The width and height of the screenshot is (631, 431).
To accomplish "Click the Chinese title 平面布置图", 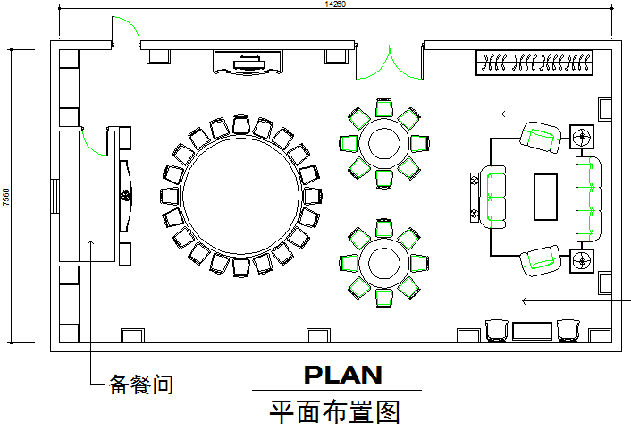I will [x=335, y=412].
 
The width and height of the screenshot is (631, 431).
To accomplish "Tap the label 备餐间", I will [x=140, y=385].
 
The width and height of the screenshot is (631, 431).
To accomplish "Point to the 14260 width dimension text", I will [x=335, y=4].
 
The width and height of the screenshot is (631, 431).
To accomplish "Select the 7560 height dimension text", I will [x=6, y=198].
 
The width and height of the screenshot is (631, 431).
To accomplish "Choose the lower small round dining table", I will [x=384, y=261].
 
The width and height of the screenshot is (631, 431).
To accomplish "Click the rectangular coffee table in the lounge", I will [x=546, y=197].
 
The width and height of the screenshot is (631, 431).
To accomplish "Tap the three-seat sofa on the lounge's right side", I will [x=588, y=199].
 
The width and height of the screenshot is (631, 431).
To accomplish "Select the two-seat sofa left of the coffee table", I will [x=495, y=197].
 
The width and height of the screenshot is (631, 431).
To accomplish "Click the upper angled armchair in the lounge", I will [x=541, y=137].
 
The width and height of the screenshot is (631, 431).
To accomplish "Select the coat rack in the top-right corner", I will [x=534, y=63].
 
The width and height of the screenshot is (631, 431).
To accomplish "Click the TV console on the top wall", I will [x=248, y=62].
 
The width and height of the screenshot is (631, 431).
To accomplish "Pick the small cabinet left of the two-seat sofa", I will [x=473, y=197].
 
